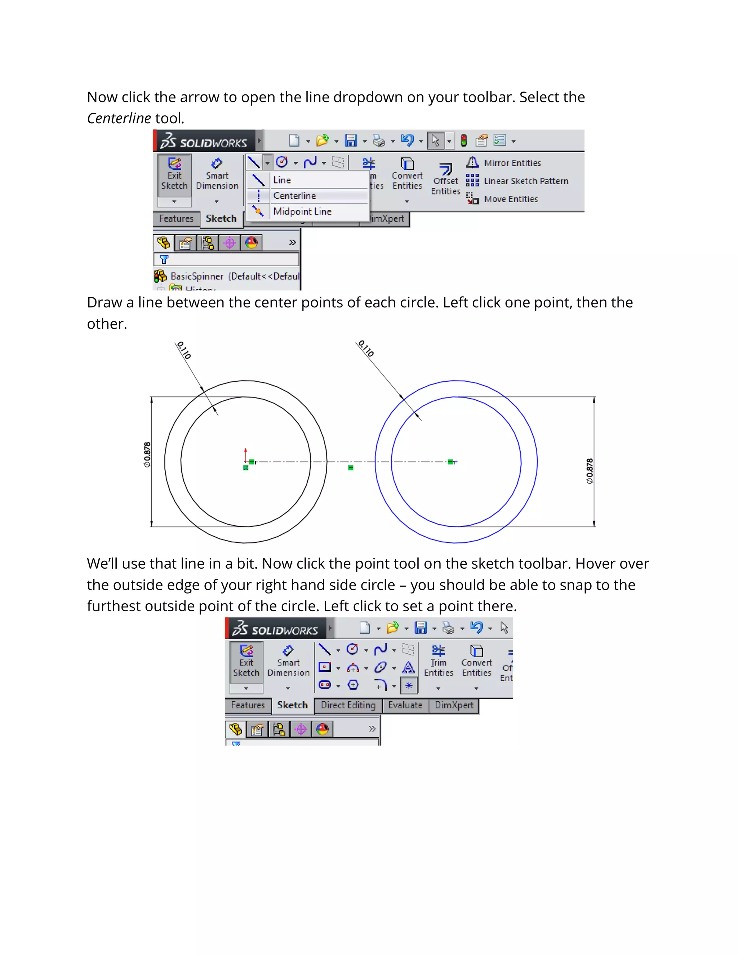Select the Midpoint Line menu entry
[302, 211]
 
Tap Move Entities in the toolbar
[511, 199]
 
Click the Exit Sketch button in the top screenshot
[174, 174]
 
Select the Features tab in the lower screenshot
[248, 705]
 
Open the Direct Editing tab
[348, 705]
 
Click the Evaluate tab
[405, 705]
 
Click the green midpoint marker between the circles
[351, 468]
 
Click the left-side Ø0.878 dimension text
[147, 455]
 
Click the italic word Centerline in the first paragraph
[119, 118]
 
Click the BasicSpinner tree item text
[197, 276]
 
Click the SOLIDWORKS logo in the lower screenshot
[275, 629]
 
